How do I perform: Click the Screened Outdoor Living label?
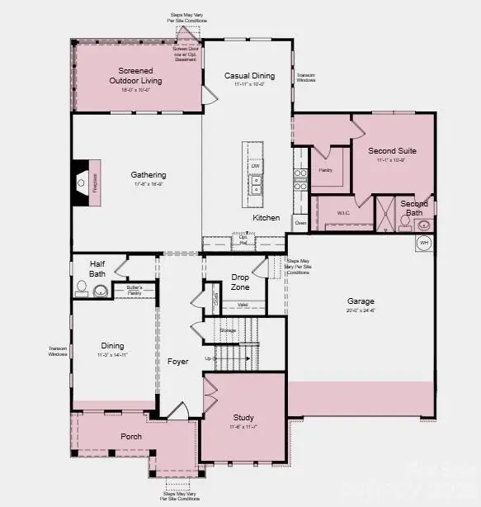(x=139, y=76)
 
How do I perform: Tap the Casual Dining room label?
(x=248, y=76)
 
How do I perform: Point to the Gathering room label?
(x=149, y=175)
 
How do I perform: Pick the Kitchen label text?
(x=266, y=218)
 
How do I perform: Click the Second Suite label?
(x=392, y=151)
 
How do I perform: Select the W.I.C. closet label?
(x=344, y=212)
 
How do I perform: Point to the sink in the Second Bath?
(x=422, y=224)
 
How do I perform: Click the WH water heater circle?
(x=424, y=244)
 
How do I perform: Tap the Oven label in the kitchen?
(x=300, y=222)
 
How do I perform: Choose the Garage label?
(x=361, y=301)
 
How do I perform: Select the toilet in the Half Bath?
(x=82, y=288)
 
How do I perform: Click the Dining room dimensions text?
(x=112, y=354)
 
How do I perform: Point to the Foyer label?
(x=177, y=361)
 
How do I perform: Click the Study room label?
(x=243, y=418)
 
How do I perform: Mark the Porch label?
(x=131, y=436)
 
